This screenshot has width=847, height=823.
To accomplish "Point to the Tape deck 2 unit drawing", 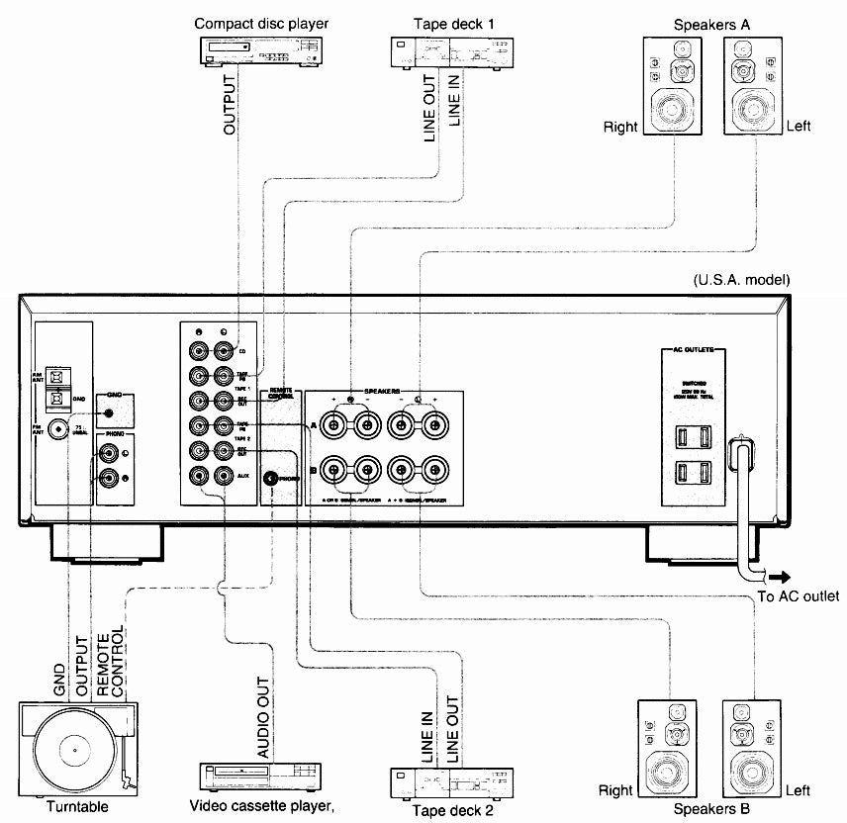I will (449, 783).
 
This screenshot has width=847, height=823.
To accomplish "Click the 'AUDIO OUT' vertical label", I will (264, 728).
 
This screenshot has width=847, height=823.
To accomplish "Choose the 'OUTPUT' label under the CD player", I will (230, 104).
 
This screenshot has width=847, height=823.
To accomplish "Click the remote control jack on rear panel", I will (270, 478).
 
